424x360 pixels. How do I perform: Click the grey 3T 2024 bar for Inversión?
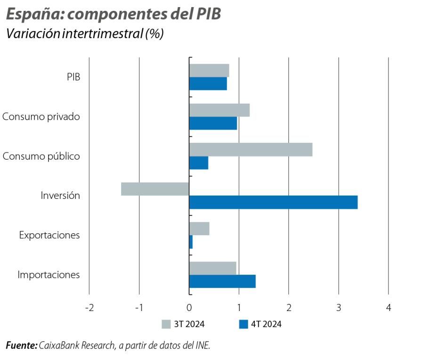coord(155,189)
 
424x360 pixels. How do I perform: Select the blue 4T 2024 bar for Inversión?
coord(273,202)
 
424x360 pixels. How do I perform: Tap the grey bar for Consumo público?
coord(251,149)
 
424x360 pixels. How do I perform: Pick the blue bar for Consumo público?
coord(198,163)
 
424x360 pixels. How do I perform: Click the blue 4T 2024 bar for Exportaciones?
coord(191,242)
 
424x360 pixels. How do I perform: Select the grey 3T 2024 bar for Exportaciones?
coord(199,229)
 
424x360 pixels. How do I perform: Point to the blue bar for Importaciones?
coord(222,281)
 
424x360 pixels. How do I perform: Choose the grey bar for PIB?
coord(209,71)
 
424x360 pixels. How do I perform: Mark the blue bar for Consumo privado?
coord(213,123)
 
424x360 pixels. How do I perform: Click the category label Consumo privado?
coord(41,116)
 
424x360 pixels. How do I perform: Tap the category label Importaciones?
coord(49,275)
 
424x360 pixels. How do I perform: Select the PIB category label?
coord(73,77)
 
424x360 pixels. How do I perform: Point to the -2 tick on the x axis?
coord(89,308)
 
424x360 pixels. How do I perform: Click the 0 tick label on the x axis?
coord(189,308)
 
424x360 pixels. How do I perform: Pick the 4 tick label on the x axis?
coord(388,308)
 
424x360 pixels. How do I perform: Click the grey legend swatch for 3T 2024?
coord(166,324)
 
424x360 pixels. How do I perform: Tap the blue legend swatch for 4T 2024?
coord(244,324)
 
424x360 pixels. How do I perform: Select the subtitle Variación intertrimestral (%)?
coord(84,34)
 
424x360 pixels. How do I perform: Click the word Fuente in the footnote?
coord(21,345)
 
